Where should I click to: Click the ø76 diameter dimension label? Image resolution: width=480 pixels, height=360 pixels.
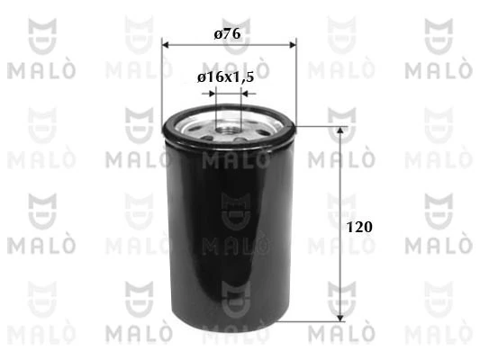click(227, 33)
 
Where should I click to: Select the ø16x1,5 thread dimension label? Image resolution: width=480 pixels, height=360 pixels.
click(226, 77)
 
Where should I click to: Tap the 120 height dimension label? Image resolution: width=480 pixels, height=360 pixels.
click(359, 227)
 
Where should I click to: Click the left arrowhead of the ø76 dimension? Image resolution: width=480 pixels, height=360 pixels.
click(166, 45)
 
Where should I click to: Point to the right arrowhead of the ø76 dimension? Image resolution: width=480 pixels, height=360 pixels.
click(293, 45)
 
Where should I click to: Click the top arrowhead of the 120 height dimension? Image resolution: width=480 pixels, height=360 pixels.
click(340, 130)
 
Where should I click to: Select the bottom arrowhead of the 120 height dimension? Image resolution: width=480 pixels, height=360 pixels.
click(340, 318)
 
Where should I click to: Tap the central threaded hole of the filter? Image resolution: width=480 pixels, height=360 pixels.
click(228, 130)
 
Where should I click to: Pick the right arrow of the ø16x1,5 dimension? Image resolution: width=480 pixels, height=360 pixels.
click(249, 94)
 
